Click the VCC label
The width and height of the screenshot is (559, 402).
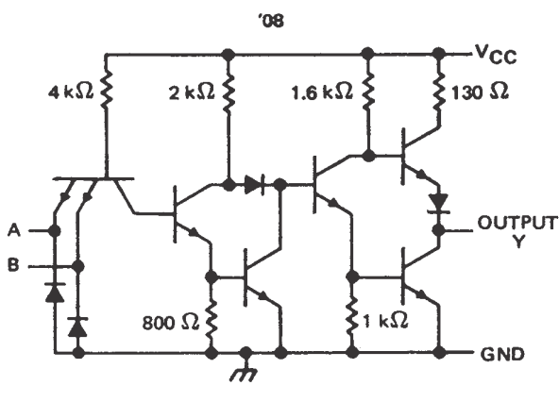pos(496,56)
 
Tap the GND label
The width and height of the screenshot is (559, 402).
pos(502,354)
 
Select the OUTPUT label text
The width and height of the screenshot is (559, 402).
pos(517,223)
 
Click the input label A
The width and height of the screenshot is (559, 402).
pos(14,230)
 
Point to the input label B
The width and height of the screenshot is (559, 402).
pos(13,265)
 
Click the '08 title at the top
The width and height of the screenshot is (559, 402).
pos(271,21)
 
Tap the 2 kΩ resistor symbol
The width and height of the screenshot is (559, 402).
pos(229,92)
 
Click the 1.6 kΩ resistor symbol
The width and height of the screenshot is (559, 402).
pos(368,91)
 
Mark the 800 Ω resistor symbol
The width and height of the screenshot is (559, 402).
pos(212,318)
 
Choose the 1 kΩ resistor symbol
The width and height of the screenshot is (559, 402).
pos(352,318)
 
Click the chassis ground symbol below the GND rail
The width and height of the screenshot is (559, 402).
pos(245,372)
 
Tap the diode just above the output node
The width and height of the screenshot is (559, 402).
pos(439,204)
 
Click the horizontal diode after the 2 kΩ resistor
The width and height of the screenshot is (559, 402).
pos(255,185)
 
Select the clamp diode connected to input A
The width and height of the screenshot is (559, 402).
pos(55,293)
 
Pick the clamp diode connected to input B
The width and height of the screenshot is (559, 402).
pos(77,327)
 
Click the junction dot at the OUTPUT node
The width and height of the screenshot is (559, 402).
pos(439,230)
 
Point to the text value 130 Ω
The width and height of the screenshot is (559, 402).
pos(480,92)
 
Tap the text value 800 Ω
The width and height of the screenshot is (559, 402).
pos(170,323)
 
